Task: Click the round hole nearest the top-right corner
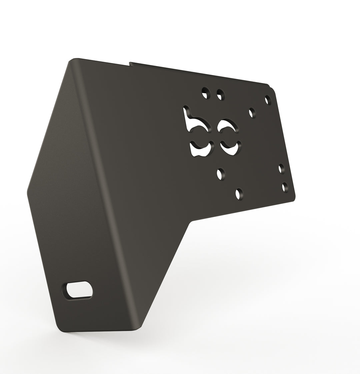tap(268, 99)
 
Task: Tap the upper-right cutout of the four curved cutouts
tap(228, 126)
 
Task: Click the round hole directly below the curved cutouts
tap(220, 174)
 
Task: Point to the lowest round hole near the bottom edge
tap(239, 193)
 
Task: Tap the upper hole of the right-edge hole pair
tap(282, 169)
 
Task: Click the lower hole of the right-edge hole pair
tap(285, 187)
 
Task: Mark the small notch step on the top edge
tap(130, 63)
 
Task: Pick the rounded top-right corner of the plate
tap(273, 89)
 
